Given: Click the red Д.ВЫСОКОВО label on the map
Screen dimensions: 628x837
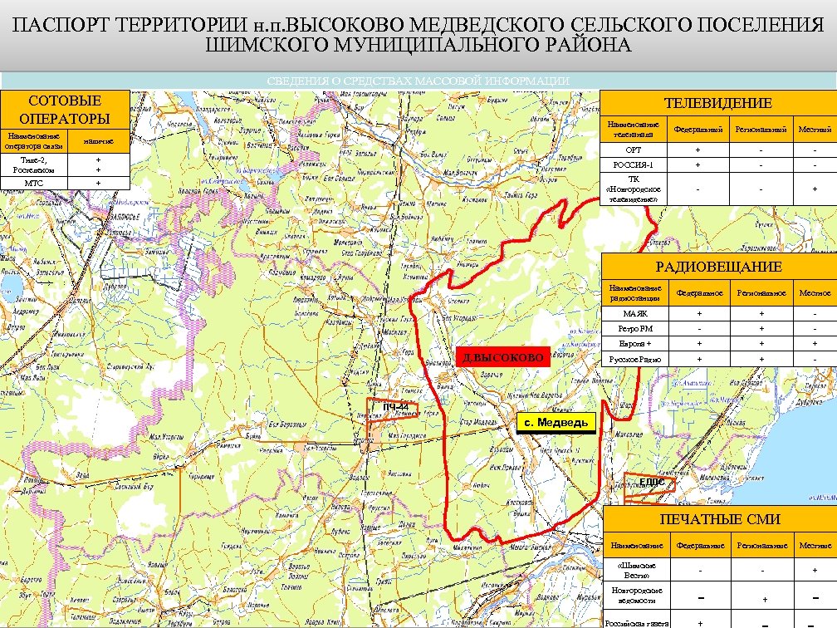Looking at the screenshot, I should [503, 358].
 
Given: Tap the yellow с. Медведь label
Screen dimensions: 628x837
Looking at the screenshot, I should [556, 423].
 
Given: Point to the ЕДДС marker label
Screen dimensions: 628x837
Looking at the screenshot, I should [651, 483].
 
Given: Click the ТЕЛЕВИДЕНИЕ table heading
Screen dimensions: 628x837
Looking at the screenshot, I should [717, 103].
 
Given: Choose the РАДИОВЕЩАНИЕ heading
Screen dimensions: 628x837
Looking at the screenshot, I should [718, 267].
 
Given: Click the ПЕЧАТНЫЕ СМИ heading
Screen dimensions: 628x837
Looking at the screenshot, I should [719, 519].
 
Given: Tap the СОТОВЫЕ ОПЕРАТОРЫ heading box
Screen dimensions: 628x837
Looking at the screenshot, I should [64, 109].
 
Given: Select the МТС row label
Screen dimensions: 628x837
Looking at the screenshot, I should [34, 183].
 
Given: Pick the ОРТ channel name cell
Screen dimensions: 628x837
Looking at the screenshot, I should [633, 150].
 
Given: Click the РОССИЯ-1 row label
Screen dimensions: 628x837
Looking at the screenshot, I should [633, 164].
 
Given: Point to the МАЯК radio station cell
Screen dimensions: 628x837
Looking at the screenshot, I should [634, 314].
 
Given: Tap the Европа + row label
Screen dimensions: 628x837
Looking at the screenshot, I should [634, 344].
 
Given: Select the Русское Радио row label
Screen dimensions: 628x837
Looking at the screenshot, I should [634, 360].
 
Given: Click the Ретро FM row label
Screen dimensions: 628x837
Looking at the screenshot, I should [634, 329].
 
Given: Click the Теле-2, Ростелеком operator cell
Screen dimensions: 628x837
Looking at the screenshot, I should [34, 164].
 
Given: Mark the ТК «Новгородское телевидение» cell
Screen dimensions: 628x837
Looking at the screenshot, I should [633, 189].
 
